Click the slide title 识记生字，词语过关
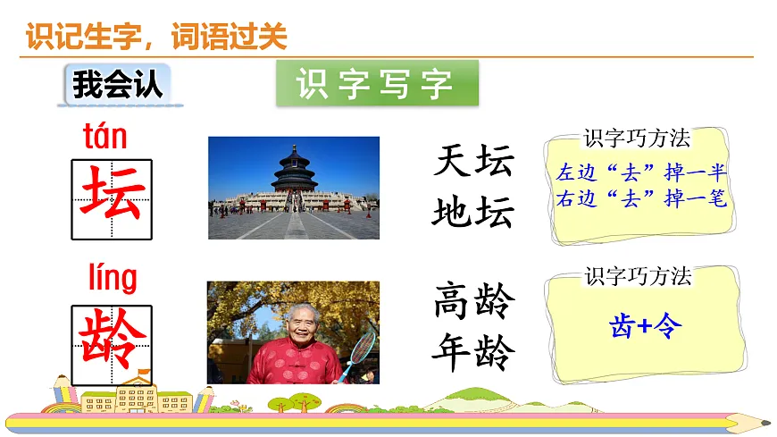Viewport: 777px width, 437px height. coord(157,37)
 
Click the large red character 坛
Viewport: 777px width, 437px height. coord(112,198)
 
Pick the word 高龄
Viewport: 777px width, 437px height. coord(474,302)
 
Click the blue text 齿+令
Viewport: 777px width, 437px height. coord(645,326)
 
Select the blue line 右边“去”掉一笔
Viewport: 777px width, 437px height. coord(641,198)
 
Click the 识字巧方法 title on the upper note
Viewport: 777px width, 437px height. coord(637,139)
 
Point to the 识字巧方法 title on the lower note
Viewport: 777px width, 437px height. coord(638,276)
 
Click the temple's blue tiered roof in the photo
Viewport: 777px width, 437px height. coord(294,165)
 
